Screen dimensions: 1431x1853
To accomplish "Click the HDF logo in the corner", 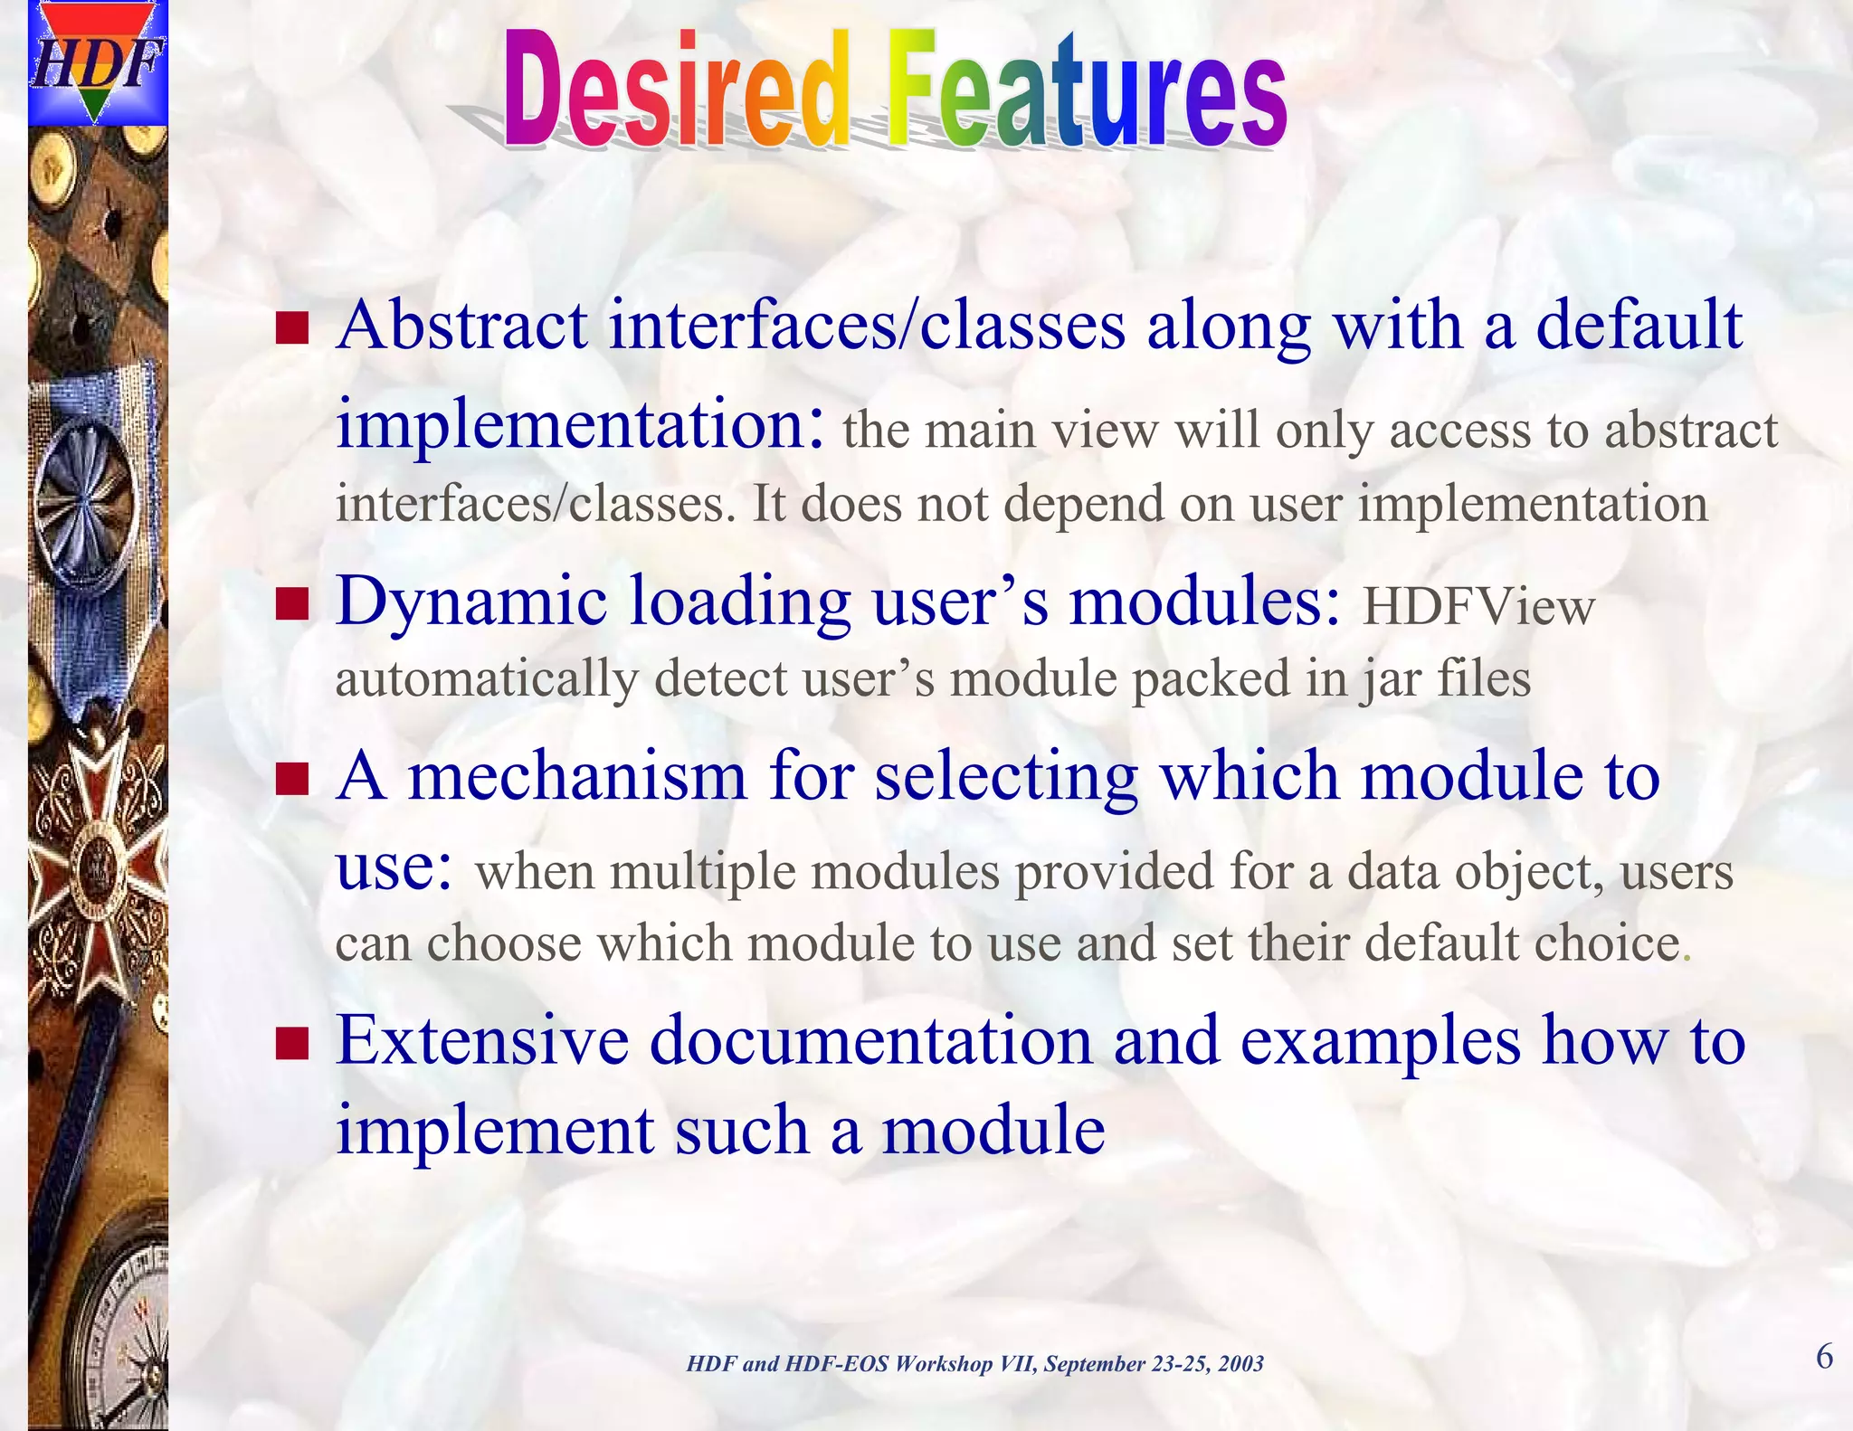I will [98, 62].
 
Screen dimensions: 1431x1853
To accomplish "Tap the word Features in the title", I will [1086, 90].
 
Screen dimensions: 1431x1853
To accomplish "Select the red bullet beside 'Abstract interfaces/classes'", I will [292, 329].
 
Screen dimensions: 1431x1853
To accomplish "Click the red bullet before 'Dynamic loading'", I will [292, 603].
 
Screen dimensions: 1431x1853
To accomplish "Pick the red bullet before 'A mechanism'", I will [292, 778].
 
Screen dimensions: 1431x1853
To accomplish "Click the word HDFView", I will [1478, 607].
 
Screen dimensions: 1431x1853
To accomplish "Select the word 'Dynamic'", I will [470, 602].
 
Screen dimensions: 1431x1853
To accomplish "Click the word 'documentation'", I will [870, 1040].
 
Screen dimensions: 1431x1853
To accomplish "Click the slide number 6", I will [1824, 1357].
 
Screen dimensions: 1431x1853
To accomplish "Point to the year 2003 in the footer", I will [1240, 1364].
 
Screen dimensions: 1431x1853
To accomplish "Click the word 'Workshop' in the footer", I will [943, 1364].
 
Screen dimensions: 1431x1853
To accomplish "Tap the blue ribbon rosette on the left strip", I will [80, 498].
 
